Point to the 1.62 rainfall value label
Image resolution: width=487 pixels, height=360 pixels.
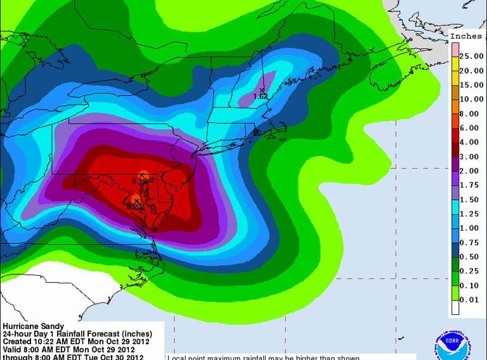tap(260, 96)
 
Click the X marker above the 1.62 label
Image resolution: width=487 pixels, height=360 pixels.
tap(261, 90)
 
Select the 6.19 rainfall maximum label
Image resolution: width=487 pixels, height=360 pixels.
tap(140, 181)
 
